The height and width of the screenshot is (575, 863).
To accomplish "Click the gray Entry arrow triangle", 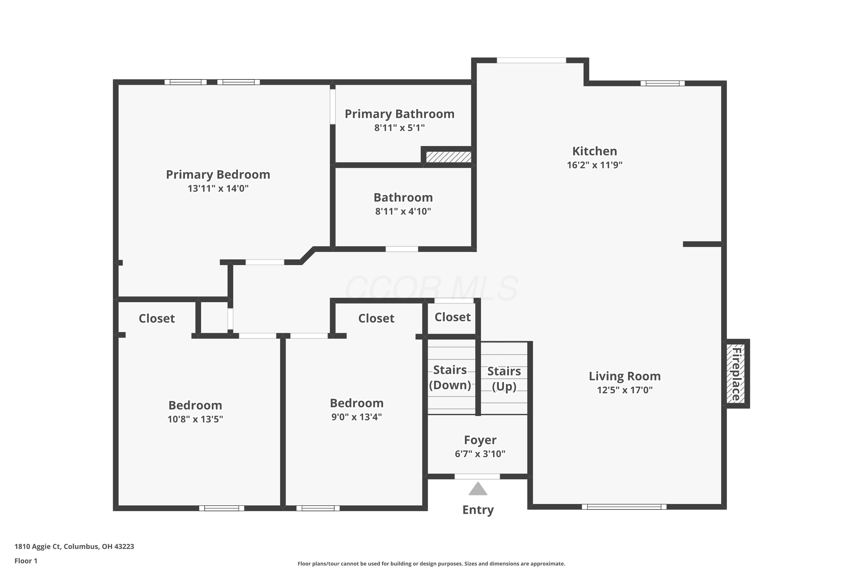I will (478, 490).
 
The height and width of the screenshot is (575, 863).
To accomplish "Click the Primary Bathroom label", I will (399, 114).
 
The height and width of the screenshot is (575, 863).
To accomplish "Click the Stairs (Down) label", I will (450, 377).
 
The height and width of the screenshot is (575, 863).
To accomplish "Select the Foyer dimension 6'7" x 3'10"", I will (480, 454).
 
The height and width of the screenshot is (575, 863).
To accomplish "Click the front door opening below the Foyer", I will (477, 476).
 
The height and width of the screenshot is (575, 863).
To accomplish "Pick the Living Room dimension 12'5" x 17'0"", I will (625, 390).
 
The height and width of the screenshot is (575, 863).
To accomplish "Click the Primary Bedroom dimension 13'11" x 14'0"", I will (218, 189).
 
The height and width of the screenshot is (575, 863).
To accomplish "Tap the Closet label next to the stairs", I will (452, 317).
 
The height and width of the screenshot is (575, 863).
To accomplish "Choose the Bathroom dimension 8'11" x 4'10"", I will (403, 211).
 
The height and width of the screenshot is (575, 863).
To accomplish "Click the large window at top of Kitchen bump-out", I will (531, 60).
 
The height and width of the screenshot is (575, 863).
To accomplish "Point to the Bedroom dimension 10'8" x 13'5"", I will (195, 419).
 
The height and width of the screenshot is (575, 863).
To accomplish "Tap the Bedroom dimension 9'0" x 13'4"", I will (356, 417).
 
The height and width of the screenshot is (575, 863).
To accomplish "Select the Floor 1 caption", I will (26, 561).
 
